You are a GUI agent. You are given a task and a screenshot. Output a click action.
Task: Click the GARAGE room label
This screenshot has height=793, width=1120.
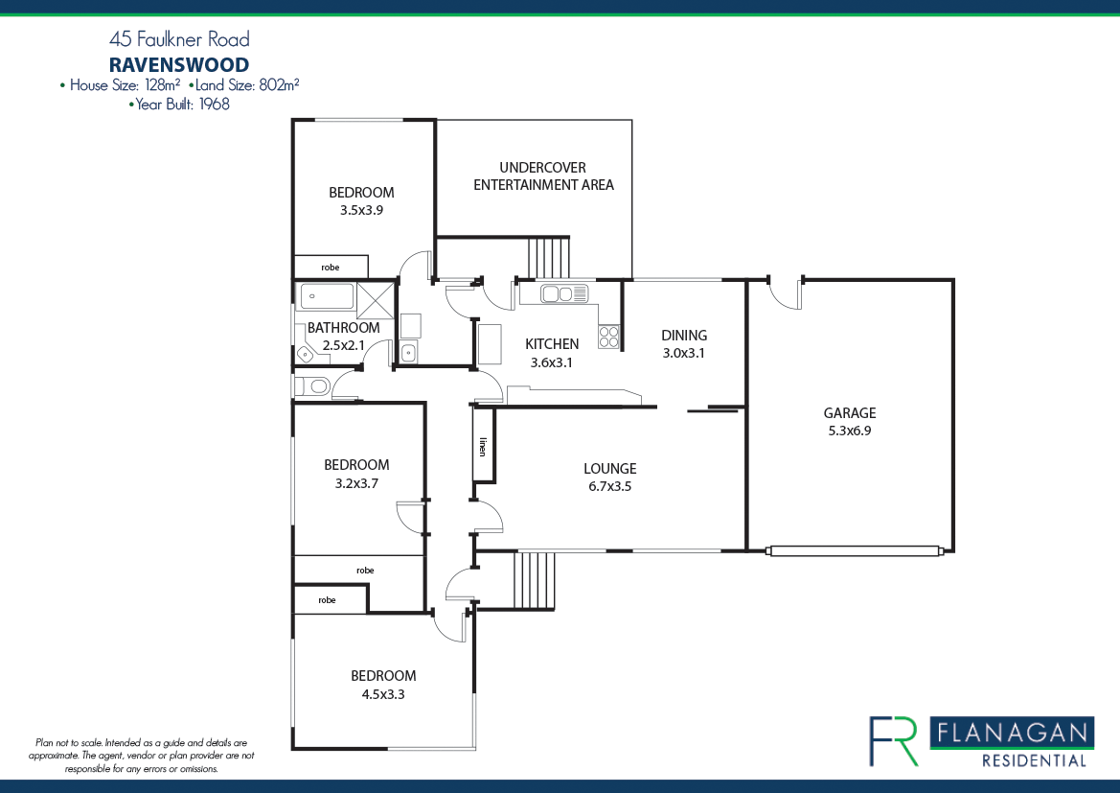[x=850, y=413]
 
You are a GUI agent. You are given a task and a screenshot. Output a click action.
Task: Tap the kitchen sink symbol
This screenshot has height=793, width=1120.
[x=563, y=294]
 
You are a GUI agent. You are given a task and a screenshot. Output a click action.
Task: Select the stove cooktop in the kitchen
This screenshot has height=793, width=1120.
[x=608, y=337]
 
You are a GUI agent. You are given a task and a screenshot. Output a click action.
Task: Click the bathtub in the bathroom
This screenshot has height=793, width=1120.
[x=326, y=296]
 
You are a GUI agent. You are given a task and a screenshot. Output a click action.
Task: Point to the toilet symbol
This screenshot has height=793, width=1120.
[x=312, y=386]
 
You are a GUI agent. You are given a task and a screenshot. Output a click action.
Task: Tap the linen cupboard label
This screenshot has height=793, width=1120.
[x=484, y=446]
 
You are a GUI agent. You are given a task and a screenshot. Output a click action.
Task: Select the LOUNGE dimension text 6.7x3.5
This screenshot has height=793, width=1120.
[x=610, y=486]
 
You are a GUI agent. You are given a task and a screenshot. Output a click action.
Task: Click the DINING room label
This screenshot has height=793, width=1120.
[x=684, y=336]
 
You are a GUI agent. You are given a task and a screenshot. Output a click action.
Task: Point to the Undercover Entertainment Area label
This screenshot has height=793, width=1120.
[x=543, y=175]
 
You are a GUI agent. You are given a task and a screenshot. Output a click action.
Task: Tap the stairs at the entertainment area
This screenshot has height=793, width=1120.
[x=548, y=257]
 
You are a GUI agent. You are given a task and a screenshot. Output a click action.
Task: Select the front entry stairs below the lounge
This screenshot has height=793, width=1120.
[x=535, y=580]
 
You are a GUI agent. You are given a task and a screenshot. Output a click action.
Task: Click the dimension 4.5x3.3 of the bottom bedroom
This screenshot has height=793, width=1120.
[x=382, y=694]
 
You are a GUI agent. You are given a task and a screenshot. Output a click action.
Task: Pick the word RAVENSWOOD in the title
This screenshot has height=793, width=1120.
[x=179, y=65]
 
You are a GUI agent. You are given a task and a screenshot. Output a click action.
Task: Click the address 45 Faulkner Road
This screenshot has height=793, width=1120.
[x=179, y=39]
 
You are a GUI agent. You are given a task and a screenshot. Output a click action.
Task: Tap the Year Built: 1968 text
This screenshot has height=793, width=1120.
[x=179, y=105]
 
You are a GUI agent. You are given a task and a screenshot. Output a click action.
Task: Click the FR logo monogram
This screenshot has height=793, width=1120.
[x=893, y=741]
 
